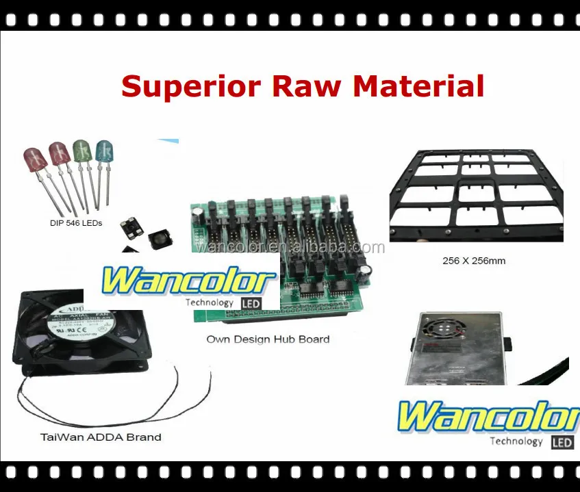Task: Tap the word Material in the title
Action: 418,87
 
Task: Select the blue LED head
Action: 104,151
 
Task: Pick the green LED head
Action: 81,151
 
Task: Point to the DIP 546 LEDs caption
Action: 76,223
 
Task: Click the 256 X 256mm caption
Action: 473,261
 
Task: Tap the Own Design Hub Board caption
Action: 268,339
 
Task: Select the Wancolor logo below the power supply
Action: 488,417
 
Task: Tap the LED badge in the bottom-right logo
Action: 562,442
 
